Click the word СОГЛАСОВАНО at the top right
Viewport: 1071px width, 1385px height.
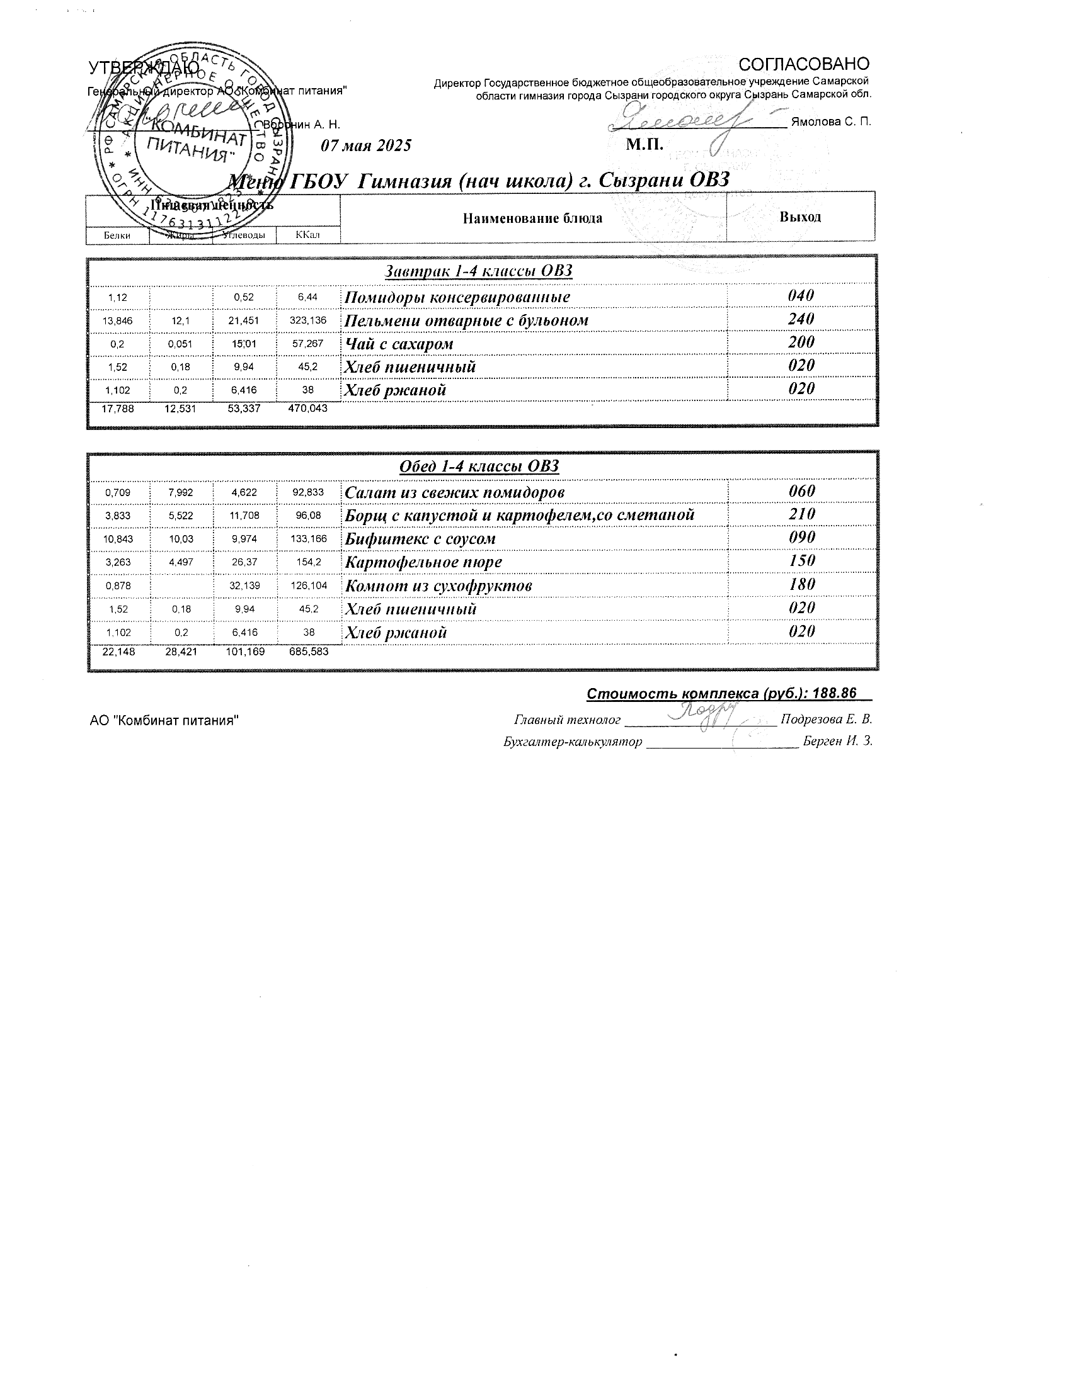click(x=804, y=64)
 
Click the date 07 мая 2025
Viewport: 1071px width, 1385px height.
click(x=366, y=146)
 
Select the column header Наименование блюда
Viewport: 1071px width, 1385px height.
click(x=532, y=219)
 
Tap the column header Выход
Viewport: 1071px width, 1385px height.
click(x=800, y=217)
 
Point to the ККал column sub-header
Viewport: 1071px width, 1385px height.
click(x=307, y=235)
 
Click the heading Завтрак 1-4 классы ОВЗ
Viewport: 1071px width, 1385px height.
click(x=479, y=271)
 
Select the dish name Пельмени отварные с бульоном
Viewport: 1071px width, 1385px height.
click(x=466, y=321)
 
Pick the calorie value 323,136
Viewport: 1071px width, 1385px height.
click(x=307, y=320)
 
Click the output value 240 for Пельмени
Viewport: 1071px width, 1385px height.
click(x=801, y=319)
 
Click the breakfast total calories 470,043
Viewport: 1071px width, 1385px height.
click(x=307, y=409)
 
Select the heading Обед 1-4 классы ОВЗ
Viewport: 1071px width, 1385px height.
click(x=479, y=466)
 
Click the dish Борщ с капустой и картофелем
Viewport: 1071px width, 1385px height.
click(x=519, y=515)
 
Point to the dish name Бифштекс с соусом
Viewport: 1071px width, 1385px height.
click(x=420, y=539)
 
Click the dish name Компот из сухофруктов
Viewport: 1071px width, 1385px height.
click(x=438, y=586)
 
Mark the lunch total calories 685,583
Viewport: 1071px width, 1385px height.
click(x=308, y=652)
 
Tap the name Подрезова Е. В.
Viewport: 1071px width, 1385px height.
click(x=826, y=720)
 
